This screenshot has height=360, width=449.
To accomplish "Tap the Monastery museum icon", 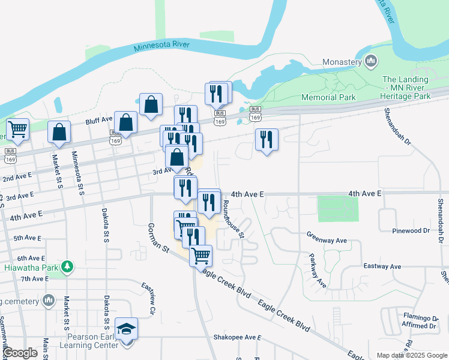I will [x=371, y=61].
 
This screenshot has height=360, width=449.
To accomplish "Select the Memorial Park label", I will [x=328, y=97].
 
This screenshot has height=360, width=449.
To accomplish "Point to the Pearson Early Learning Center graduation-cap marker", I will [x=127, y=329].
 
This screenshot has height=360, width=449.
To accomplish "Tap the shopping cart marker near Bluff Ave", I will [x=18, y=128].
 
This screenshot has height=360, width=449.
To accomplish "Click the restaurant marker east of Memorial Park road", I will [x=266, y=139].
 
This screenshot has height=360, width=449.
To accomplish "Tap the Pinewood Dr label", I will [x=411, y=230].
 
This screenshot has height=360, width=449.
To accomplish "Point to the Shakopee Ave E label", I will [x=237, y=338].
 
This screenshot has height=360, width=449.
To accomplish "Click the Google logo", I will [x=20, y=353].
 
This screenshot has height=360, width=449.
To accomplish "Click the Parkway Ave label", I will [x=318, y=272].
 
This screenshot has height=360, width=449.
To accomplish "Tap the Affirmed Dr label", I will [x=420, y=326].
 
